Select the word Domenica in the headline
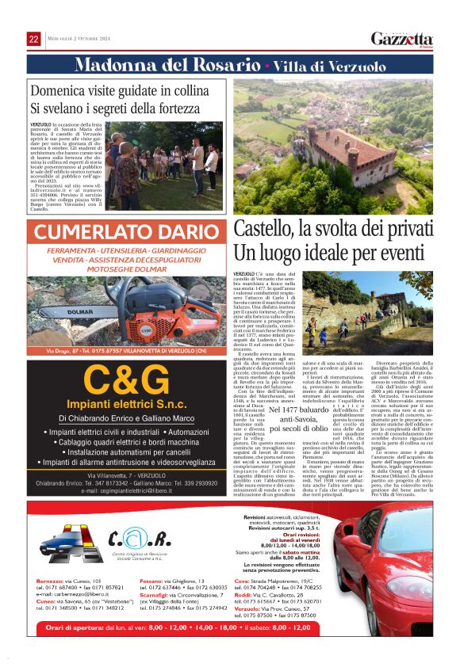[60, 89]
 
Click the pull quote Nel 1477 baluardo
[291, 411]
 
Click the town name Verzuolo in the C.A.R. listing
[254, 608]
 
